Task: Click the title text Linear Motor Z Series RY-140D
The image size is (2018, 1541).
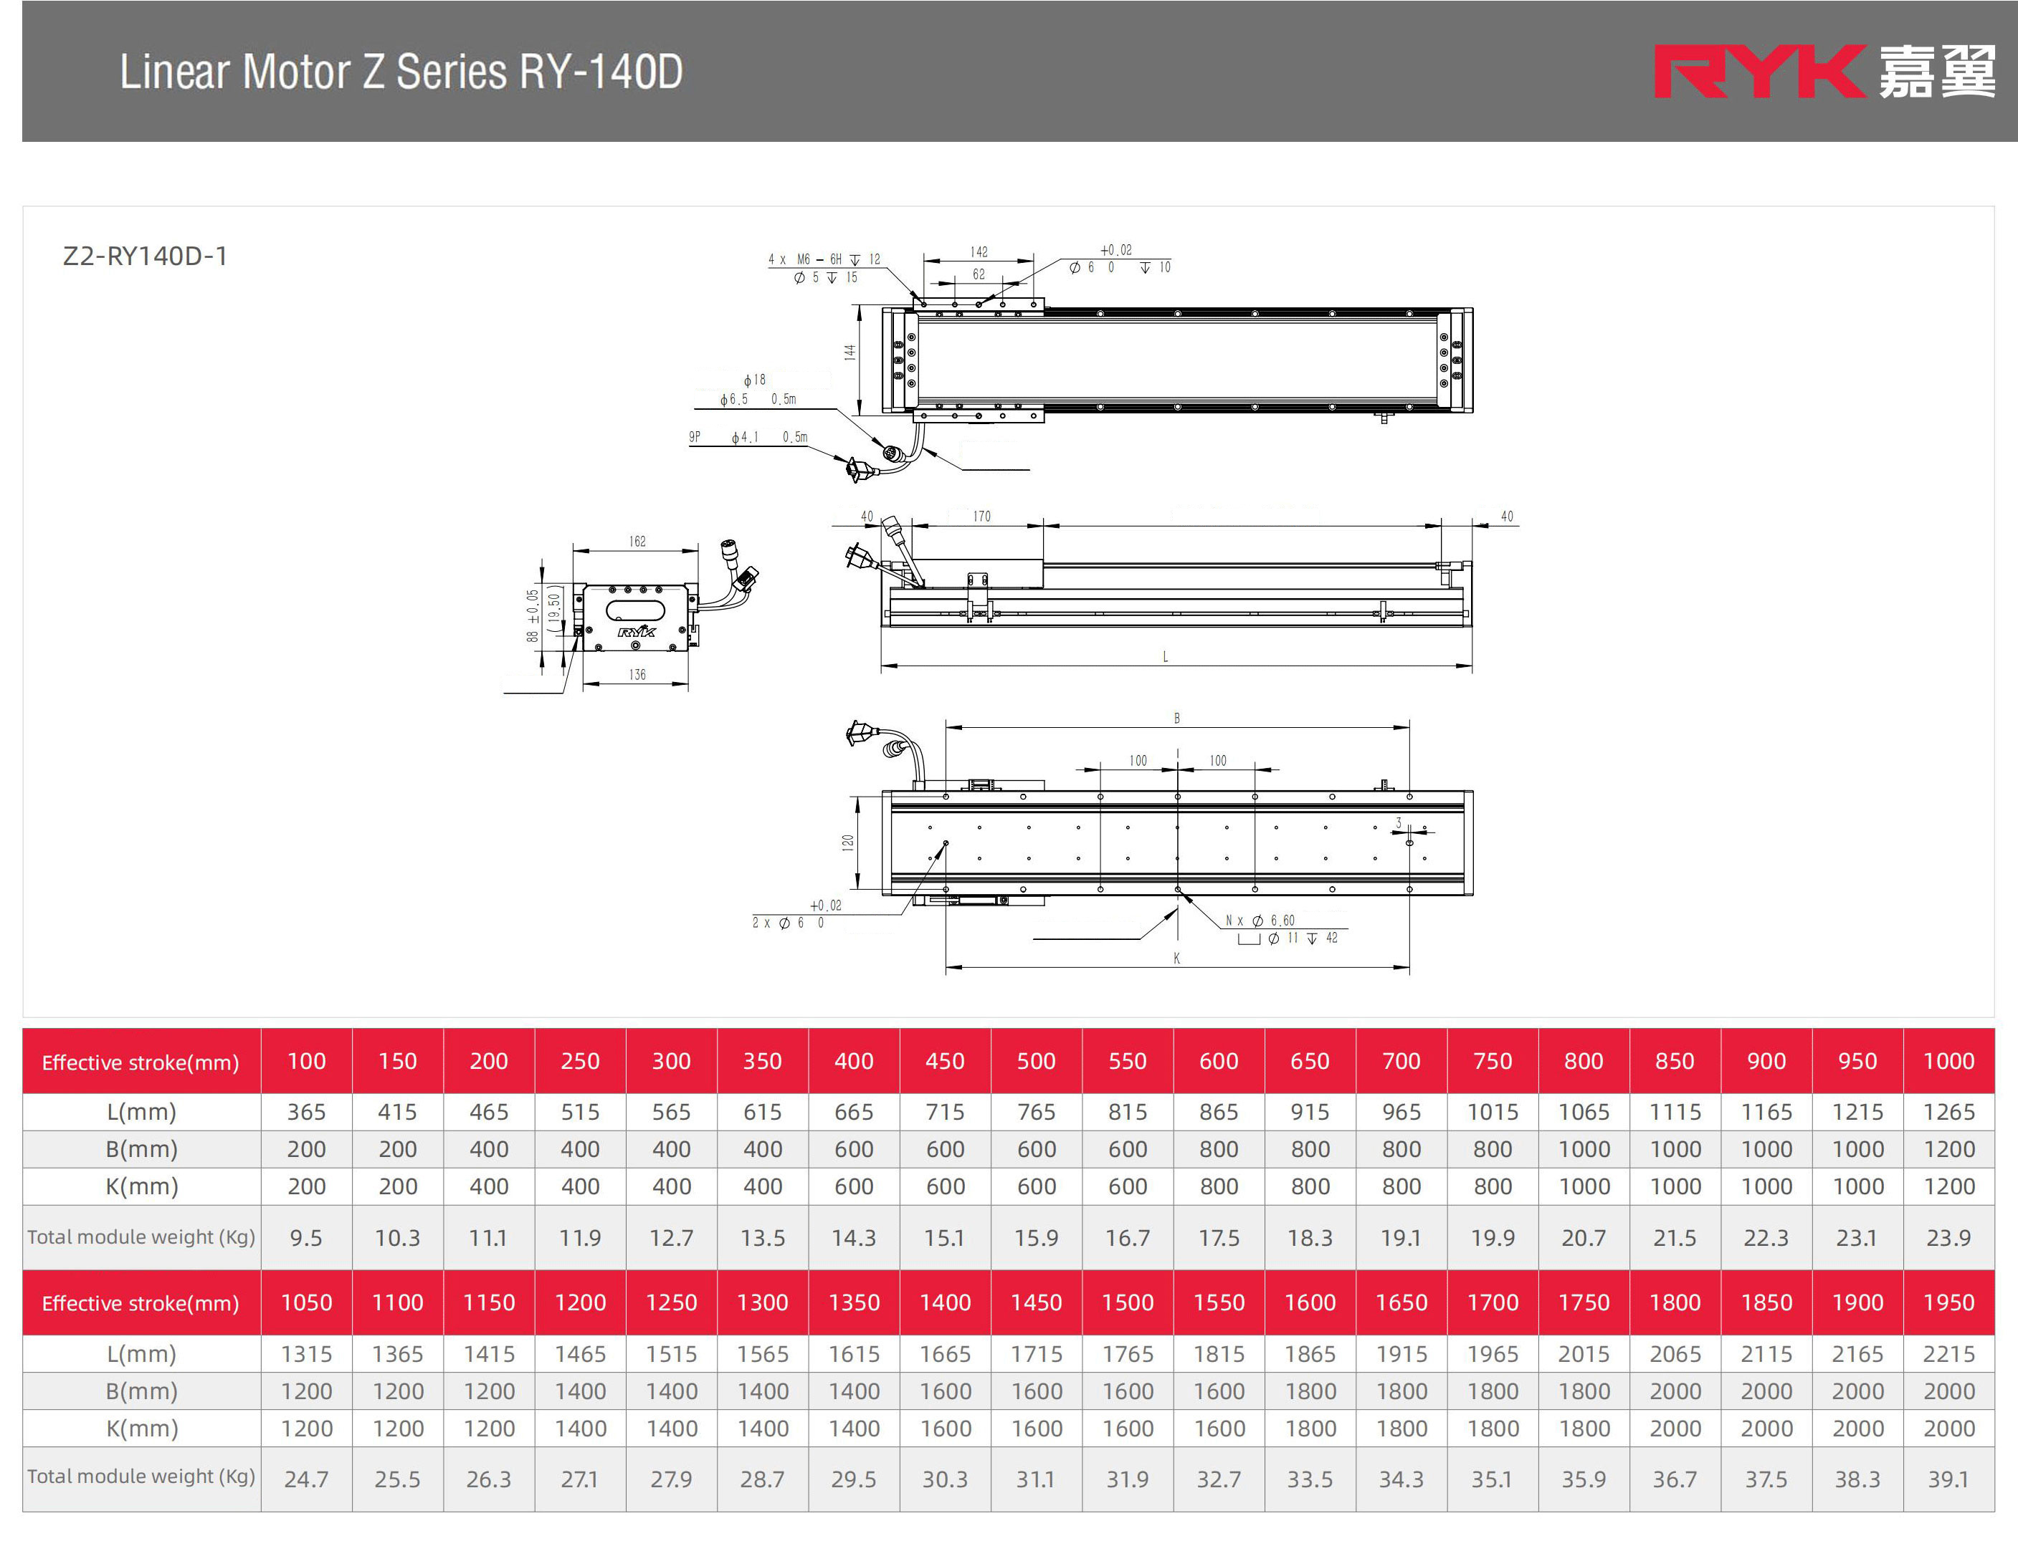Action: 401,72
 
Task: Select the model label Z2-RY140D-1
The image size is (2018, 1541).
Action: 145,256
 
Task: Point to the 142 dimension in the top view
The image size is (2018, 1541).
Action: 979,251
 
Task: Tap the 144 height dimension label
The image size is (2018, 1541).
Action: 849,352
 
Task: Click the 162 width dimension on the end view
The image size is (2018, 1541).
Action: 637,541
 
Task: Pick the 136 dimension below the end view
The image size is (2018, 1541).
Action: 637,674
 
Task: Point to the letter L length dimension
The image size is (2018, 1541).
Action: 1166,657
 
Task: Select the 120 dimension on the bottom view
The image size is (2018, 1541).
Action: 848,842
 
